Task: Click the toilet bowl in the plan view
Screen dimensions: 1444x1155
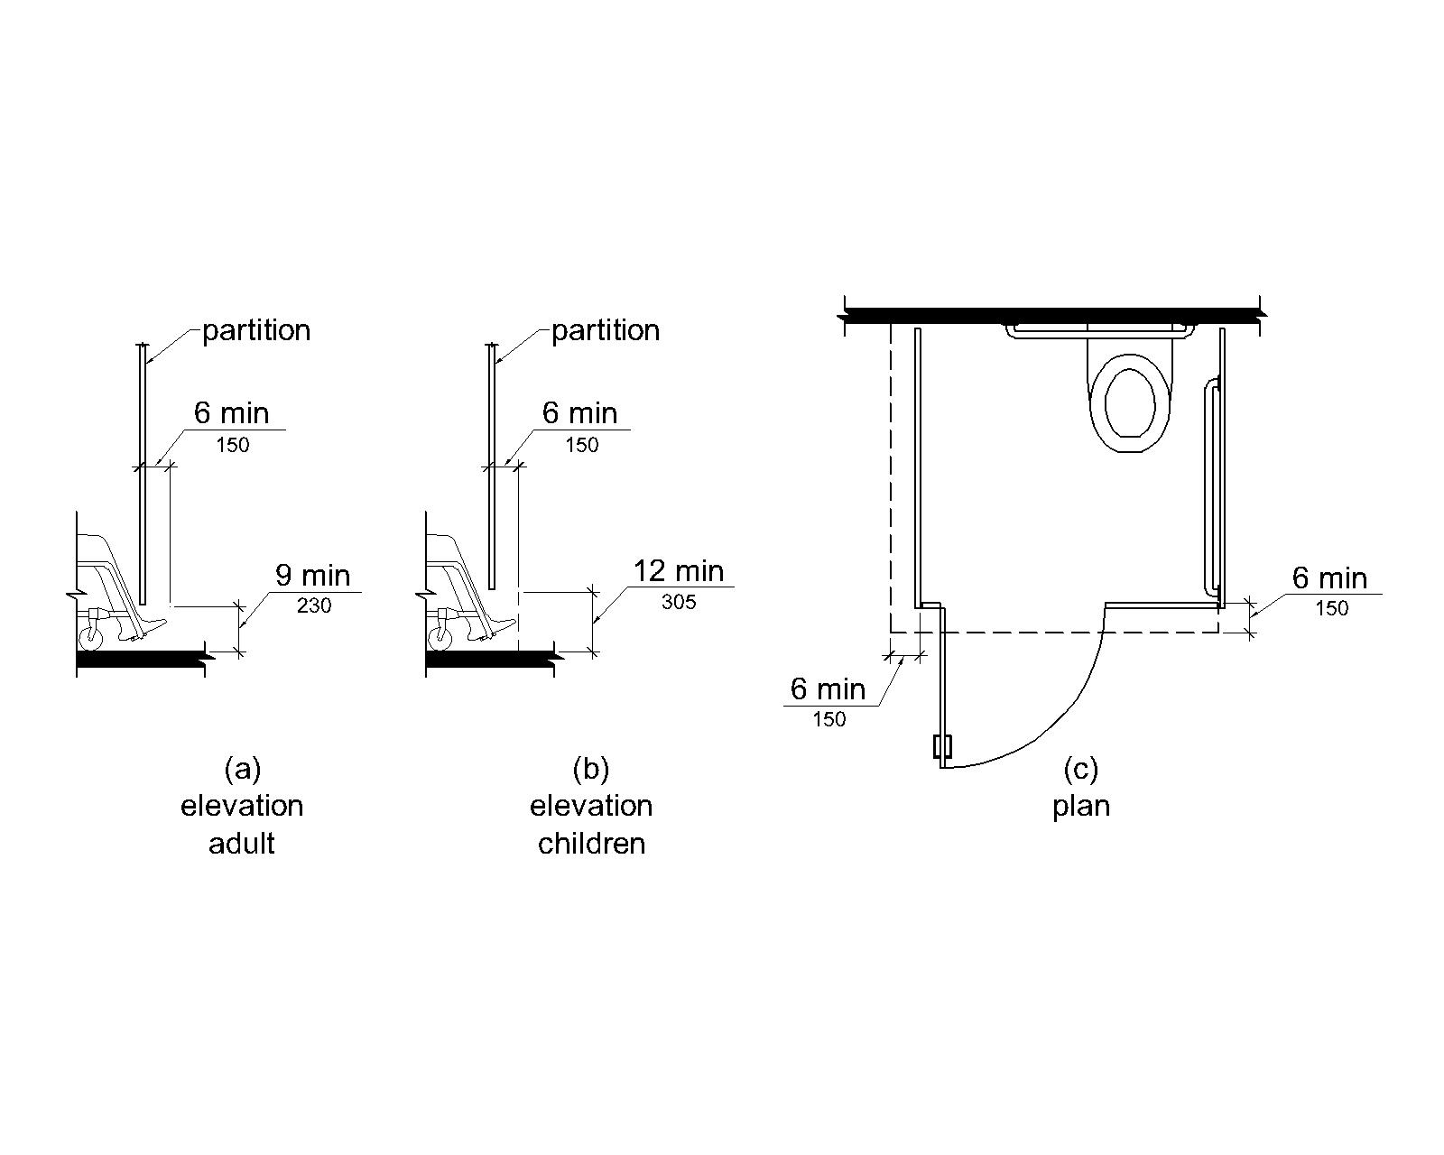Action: pos(1130,402)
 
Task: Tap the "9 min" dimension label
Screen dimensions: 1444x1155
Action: pos(312,575)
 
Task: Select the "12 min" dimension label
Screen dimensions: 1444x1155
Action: pos(679,571)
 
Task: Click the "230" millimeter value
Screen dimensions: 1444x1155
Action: pos(313,605)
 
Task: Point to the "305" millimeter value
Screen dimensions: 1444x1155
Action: pos(679,602)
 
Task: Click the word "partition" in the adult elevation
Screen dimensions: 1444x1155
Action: pos(256,331)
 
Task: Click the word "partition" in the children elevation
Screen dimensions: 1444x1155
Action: pos(606,331)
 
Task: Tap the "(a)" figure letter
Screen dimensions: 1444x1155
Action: pos(242,769)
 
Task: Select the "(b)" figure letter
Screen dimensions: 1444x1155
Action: pos(591,769)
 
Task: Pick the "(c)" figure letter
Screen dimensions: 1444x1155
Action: pos(1081,769)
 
